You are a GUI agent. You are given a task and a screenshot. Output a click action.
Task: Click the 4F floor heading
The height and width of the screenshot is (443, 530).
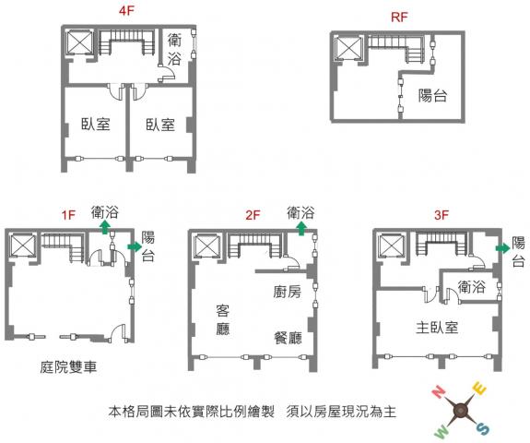click(x=126, y=10)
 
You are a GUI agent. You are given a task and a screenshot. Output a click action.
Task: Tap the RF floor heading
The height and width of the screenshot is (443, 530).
click(x=399, y=18)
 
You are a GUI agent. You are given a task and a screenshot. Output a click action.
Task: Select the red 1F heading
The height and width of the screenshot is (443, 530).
click(x=68, y=215)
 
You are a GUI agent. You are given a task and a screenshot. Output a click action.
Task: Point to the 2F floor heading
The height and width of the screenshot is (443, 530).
click(x=253, y=215)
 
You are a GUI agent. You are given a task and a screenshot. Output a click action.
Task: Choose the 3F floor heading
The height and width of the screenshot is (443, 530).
click(x=442, y=215)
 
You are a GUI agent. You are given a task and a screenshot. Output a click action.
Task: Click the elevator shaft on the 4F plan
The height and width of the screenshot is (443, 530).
click(x=79, y=42)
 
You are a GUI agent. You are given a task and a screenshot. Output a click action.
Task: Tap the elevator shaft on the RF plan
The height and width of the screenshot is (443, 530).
click(x=347, y=48)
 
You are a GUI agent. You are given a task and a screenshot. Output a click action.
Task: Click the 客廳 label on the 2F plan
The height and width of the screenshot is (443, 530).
click(x=223, y=320)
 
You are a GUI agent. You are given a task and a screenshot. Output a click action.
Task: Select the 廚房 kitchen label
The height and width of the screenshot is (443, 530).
click(x=287, y=292)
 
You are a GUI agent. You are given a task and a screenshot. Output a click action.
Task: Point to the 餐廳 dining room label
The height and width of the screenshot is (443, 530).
click(x=288, y=338)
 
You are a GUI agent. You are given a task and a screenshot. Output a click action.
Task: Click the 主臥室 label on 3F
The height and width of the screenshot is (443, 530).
click(x=437, y=328)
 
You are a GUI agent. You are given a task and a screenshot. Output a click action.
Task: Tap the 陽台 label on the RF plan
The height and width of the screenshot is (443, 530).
click(x=432, y=96)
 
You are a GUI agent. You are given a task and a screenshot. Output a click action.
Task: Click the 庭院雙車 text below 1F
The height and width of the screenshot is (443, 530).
click(x=68, y=366)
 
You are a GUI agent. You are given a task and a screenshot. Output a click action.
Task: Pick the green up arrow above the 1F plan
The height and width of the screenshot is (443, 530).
click(x=105, y=227)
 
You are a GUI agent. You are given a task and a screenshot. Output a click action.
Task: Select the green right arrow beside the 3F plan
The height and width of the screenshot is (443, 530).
click(x=502, y=248)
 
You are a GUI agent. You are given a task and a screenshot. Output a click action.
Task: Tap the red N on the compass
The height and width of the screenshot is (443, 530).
click(x=439, y=392)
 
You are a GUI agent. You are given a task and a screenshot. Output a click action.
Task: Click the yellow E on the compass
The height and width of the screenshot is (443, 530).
click(x=479, y=389)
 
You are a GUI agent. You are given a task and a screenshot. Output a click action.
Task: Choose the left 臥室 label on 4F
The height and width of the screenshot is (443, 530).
click(x=96, y=125)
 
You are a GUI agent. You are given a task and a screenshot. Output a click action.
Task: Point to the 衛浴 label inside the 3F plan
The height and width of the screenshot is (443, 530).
click(x=472, y=287)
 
